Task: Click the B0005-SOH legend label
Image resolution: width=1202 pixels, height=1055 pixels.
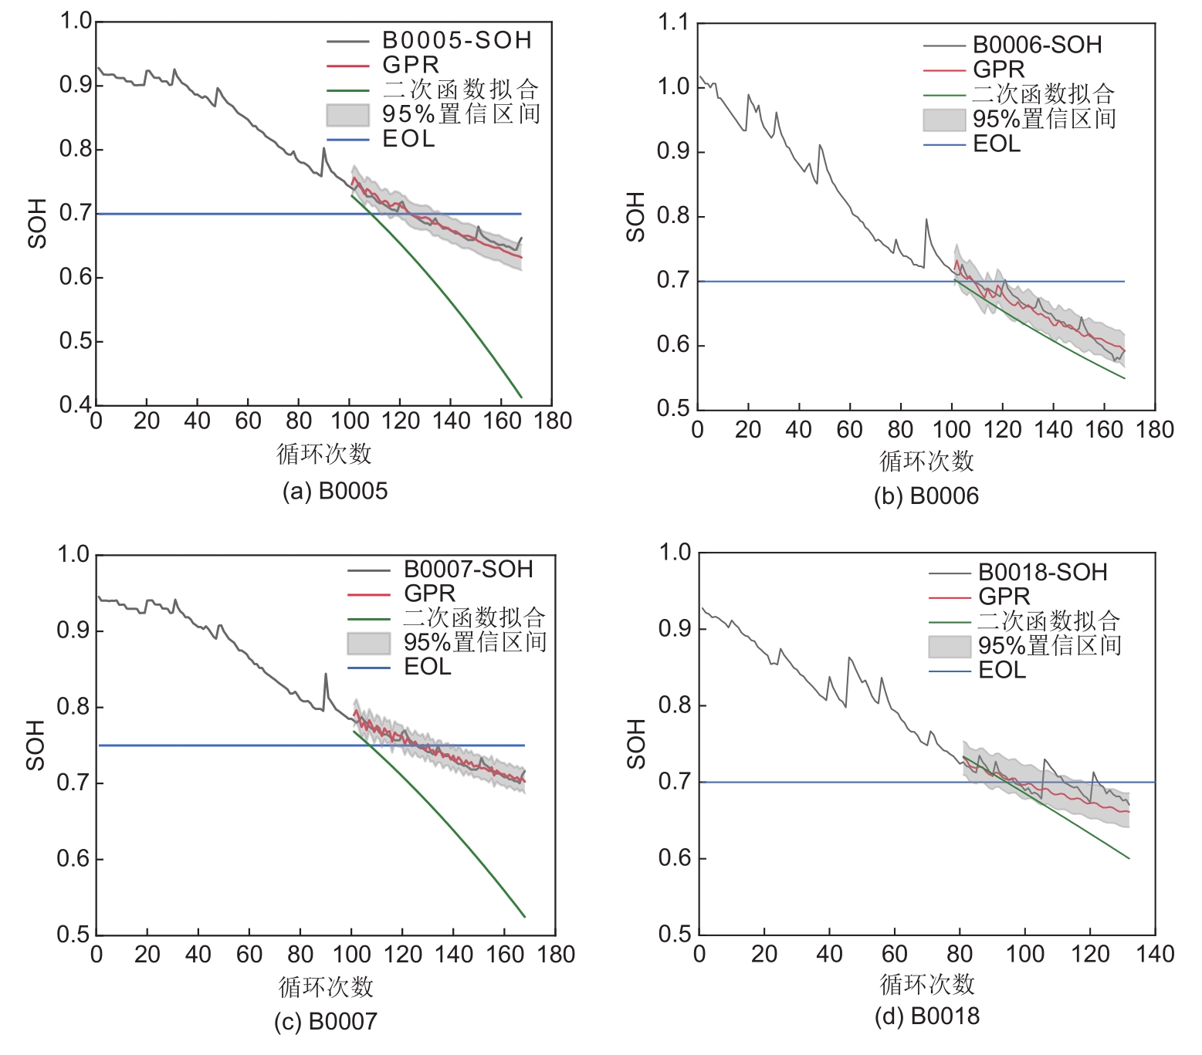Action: pyautogui.click(x=457, y=40)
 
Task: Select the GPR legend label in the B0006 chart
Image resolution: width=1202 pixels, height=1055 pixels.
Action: pyautogui.click(x=998, y=69)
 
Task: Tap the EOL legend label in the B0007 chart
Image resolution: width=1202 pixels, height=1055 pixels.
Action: pyautogui.click(x=427, y=667)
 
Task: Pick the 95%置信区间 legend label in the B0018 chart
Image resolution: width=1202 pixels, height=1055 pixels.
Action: pyautogui.click(x=1049, y=645)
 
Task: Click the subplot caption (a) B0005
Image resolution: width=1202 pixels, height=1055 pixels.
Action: pyautogui.click(x=335, y=491)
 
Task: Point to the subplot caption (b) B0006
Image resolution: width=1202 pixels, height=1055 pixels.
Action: pyautogui.click(x=926, y=495)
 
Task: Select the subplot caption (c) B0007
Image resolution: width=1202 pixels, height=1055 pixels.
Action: pyautogui.click(x=326, y=1021)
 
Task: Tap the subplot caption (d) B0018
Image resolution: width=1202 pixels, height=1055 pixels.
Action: pyautogui.click(x=926, y=1016)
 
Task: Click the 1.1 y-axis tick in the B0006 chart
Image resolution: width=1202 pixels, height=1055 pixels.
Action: pyautogui.click(x=673, y=23)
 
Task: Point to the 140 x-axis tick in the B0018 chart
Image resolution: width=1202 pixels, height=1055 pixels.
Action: pyautogui.click(x=1155, y=955)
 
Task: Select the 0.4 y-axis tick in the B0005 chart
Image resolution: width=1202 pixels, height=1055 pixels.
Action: pyautogui.click(x=76, y=404)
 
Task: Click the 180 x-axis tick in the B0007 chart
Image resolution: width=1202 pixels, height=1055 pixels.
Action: pyautogui.click(x=556, y=955)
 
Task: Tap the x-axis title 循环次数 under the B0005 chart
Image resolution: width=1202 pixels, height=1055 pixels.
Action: pyautogui.click(x=324, y=454)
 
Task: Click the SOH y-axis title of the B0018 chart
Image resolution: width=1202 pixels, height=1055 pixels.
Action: pyautogui.click(x=636, y=743)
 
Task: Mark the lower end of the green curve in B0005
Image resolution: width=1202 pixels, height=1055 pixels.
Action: pyautogui.click(x=522, y=397)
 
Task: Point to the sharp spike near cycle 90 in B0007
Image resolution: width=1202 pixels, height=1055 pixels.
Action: pyautogui.click(x=325, y=674)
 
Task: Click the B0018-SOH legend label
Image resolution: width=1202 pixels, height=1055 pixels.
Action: pyautogui.click(x=1042, y=573)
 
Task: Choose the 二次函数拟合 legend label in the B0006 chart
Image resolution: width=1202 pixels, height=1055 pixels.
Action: pyautogui.click(x=1043, y=94)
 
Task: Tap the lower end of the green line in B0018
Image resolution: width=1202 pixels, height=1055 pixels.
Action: pyautogui.click(x=1129, y=858)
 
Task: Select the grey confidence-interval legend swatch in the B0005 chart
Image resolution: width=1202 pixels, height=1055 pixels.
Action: pyautogui.click(x=347, y=115)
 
